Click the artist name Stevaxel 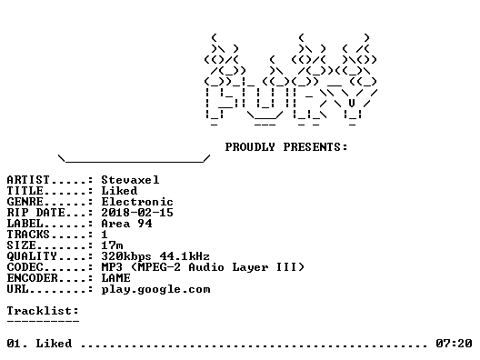point(130,180)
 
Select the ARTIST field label point(28,180)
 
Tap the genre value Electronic point(137,202)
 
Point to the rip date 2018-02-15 point(137,213)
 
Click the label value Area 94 point(126,224)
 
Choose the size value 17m point(112,245)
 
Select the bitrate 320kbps point(126,256)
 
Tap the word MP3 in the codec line point(112,267)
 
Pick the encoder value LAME point(115,278)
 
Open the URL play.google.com point(155,290)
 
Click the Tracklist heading point(43,311)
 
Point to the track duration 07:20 point(454,344)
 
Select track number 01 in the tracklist point(15,344)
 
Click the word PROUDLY point(250,147)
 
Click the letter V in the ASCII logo point(352,103)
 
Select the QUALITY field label point(32,256)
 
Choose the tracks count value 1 point(105,235)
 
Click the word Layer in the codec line point(250,267)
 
